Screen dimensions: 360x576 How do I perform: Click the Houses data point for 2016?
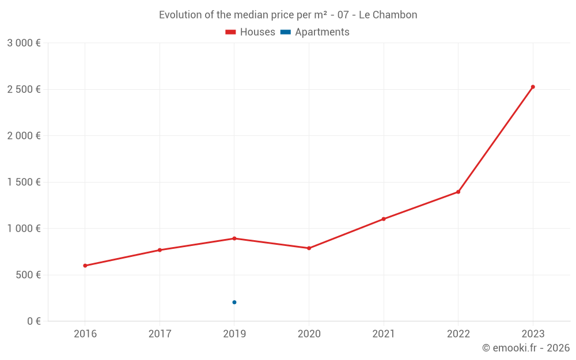[85, 266]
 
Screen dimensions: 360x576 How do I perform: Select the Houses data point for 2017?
[160, 250]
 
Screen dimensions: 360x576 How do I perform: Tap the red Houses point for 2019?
[234, 238]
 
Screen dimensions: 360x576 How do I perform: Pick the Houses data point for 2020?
[309, 248]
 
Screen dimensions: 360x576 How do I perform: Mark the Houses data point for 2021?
[384, 219]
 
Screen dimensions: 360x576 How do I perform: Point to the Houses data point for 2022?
[458, 192]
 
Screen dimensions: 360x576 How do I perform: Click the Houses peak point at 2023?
[533, 87]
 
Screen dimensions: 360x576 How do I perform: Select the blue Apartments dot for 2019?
[234, 302]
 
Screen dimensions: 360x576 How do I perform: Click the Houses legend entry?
[251, 32]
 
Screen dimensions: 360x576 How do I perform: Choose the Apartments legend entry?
[315, 32]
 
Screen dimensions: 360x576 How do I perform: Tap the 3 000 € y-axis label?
[24, 43]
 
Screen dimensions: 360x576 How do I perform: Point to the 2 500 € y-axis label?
[24, 89]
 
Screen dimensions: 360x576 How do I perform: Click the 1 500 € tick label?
[24, 182]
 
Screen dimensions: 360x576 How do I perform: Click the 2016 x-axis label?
[85, 334]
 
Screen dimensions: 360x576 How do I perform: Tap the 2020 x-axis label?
[309, 334]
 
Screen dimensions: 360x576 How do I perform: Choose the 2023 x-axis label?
[533, 334]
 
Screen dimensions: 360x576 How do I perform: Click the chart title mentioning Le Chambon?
[288, 15]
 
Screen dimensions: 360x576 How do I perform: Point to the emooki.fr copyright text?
[526, 348]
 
